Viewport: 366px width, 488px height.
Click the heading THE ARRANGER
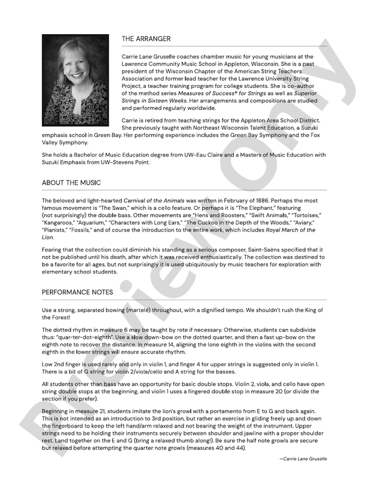click(146, 39)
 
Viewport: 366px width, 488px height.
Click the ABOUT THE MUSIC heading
click(71, 182)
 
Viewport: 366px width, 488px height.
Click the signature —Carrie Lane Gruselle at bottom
click(303, 459)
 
